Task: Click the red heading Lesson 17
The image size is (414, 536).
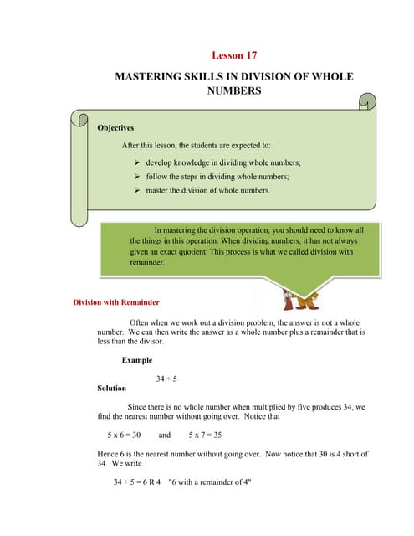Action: point(234,55)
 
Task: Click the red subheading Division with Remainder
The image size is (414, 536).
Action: point(116,301)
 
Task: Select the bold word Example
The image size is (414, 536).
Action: point(137,360)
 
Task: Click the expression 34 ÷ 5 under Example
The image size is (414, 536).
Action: point(166,379)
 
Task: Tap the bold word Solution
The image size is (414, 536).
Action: point(112,389)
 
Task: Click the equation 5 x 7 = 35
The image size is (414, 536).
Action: point(205,435)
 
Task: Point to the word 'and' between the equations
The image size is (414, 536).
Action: point(164,435)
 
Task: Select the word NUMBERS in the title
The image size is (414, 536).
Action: point(233,90)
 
